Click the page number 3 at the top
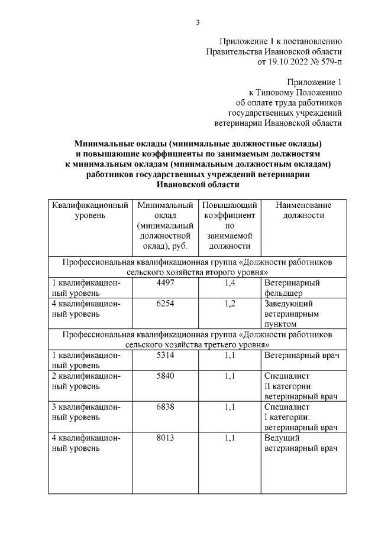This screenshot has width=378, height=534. coord(198,22)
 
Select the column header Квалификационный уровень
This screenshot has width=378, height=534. coord(90,210)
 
